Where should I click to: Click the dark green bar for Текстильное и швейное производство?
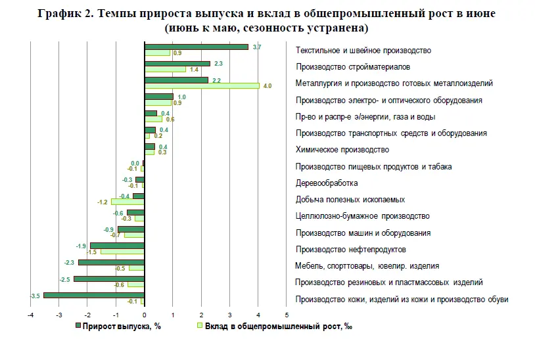click(x=196, y=47)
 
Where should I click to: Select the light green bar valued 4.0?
click(x=202, y=85)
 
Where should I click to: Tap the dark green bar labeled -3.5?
click(x=93, y=296)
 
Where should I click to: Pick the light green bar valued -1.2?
click(x=127, y=202)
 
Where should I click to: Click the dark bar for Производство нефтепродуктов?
click(x=117, y=246)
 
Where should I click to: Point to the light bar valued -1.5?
click(x=122, y=252)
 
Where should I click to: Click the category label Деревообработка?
click(x=327, y=183)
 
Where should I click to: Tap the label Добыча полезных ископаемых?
click(x=350, y=200)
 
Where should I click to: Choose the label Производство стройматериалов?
click(x=353, y=67)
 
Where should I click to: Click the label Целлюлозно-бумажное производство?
click(x=363, y=216)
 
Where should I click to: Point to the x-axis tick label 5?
click(x=287, y=315)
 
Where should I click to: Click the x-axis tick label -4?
click(x=30, y=315)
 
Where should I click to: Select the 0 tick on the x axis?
click(x=145, y=315)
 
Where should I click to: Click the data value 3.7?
click(x=257, y=47)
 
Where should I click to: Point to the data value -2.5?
click(x=64, y=279)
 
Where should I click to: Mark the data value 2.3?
click(x=219, y=64)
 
